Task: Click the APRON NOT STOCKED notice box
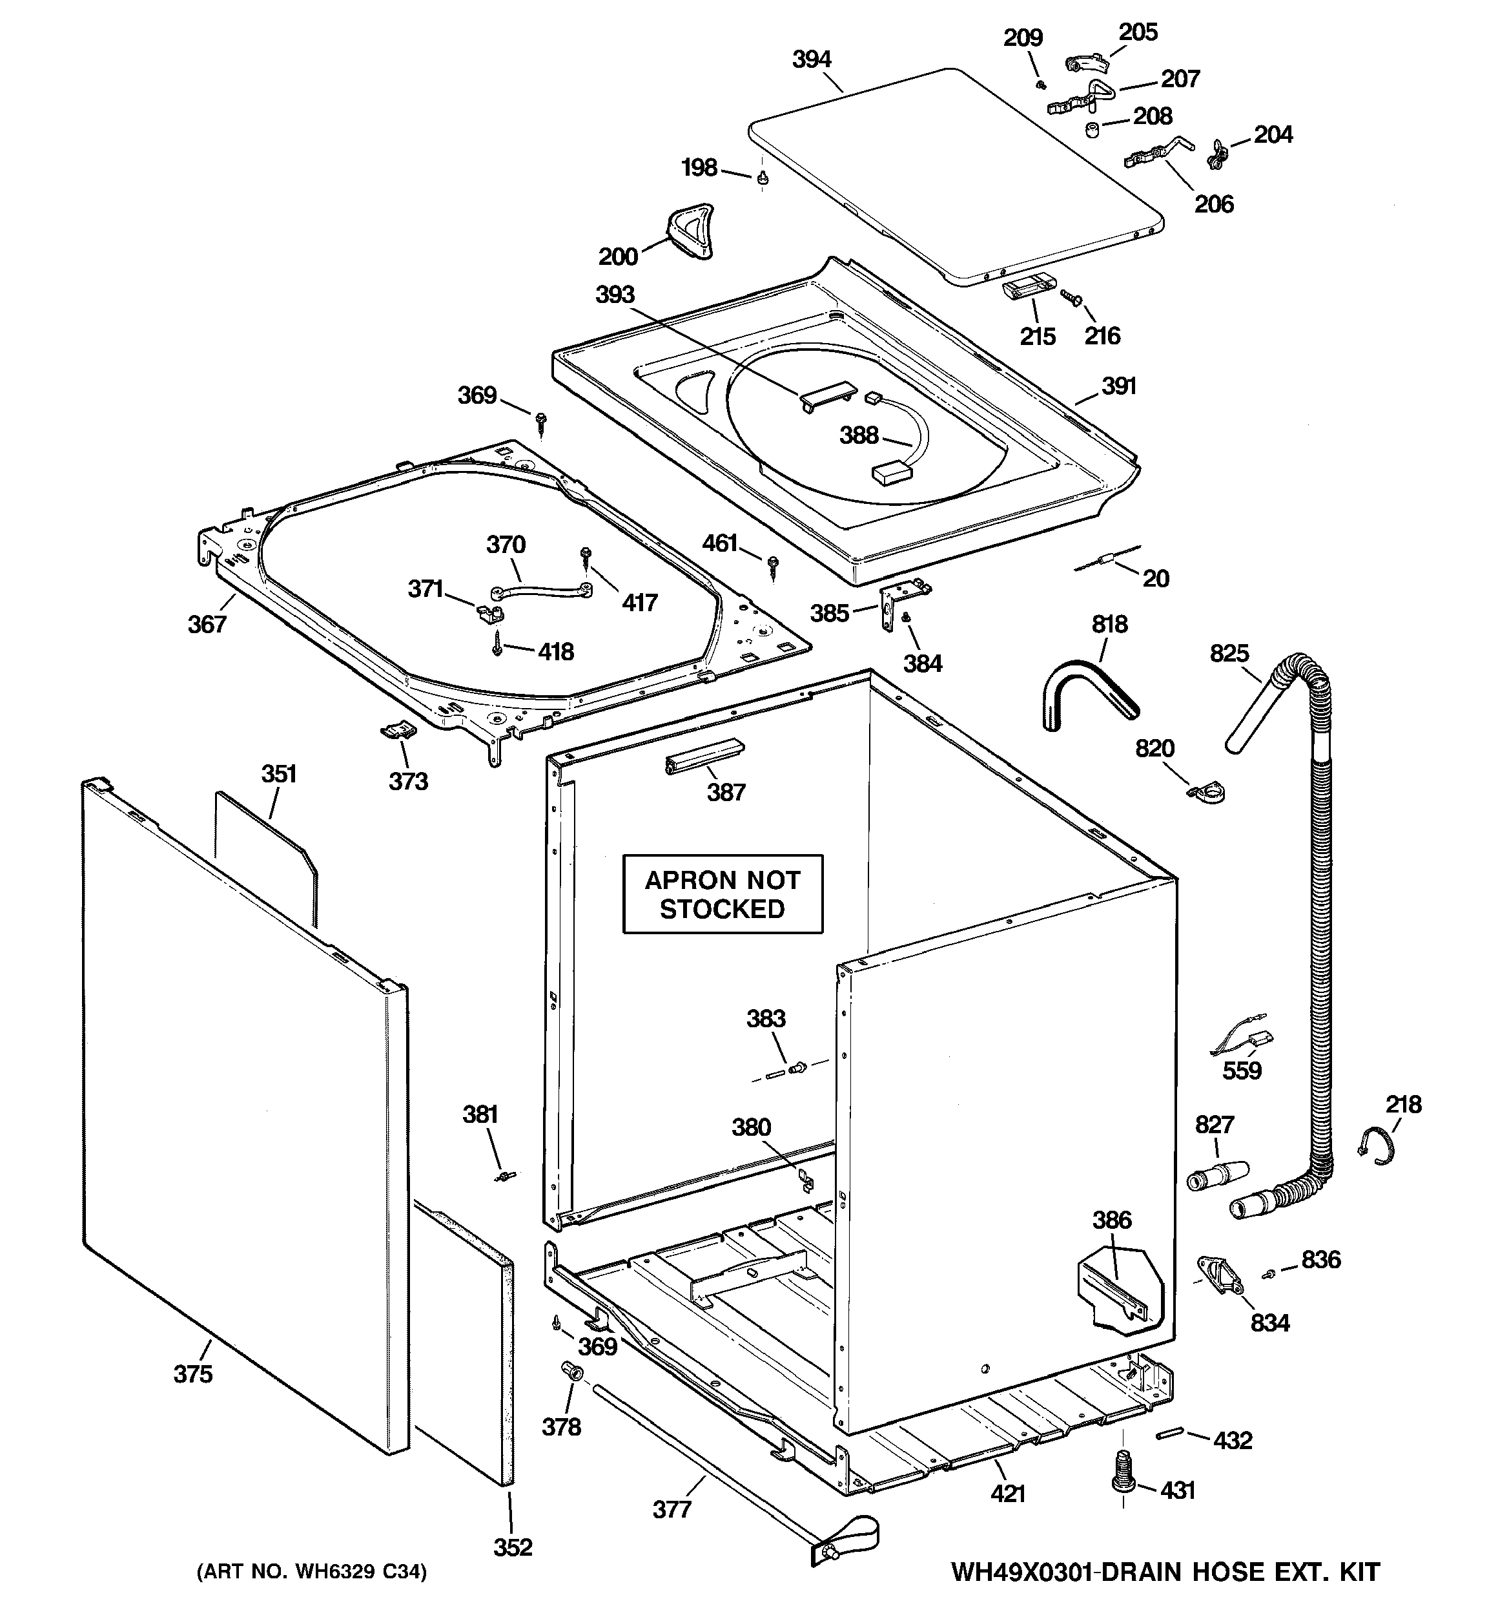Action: tap(722, 894)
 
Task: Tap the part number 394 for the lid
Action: tap(812, 59)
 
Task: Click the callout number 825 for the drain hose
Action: tap(1229, 653)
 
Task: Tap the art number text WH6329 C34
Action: tap(312, 1571)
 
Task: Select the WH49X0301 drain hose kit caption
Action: tap(1165, 1571)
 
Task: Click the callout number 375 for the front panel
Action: tap(193, 1374)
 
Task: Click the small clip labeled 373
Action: tap(398, 729)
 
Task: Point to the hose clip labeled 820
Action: tap(1207, 793)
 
